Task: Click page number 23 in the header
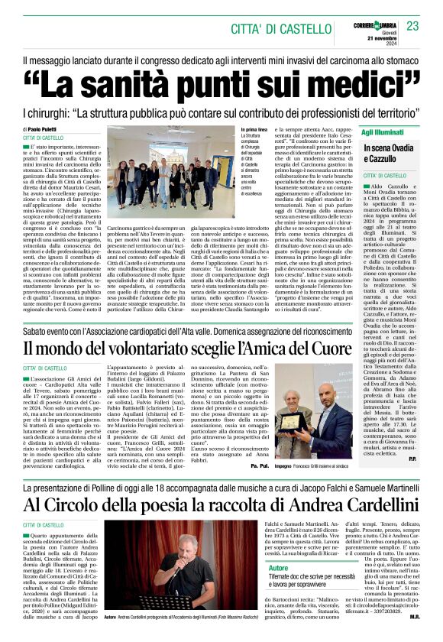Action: [x=412, y=26]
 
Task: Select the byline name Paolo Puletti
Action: [x=64, y=130]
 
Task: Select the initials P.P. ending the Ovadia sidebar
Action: [x=412, y=459]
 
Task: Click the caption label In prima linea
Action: [x=253, y=131]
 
